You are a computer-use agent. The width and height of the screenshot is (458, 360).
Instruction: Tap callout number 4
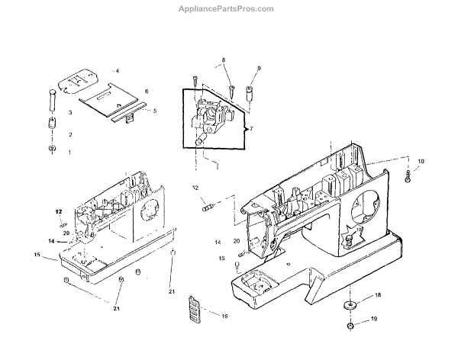point(117,70)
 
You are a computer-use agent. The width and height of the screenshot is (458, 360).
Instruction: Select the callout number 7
point(250,130)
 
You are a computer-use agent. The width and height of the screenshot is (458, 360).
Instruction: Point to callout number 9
point(258,69)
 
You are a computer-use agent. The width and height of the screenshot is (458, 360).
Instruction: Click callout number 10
point(420,161)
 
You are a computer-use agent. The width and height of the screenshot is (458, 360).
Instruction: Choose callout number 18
point(377,294)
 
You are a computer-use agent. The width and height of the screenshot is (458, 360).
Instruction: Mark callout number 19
point(374,319)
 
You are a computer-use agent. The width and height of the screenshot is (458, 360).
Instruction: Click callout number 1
point(69,153)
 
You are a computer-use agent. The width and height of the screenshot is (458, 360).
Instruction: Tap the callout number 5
point(155,111)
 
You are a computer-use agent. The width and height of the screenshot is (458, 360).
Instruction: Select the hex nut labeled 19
point(350,326)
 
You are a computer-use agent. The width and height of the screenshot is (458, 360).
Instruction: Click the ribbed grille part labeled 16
point(195,310)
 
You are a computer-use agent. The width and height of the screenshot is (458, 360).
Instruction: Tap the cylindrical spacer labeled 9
point(249,95)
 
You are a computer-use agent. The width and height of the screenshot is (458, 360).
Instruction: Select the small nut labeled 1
point(52,148)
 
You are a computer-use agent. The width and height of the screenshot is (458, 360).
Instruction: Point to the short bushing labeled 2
point(53,124)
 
